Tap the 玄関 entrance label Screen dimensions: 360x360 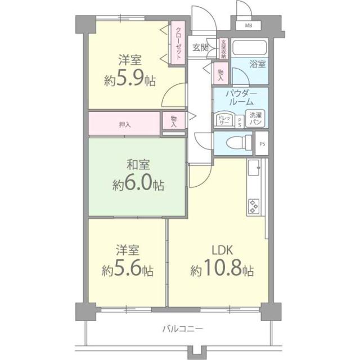(200, 47)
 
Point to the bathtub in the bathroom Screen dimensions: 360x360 (250, 48)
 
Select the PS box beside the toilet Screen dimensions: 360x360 (262, 143)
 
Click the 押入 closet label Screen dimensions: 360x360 (125, 124)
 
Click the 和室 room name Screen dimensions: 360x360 (137, 166)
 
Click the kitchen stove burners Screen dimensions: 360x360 (254, 206)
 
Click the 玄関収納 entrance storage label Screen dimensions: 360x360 (223, 49)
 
